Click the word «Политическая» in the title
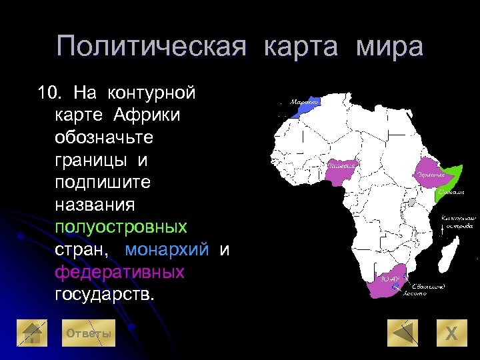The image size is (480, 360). pyautogui.click(x=151, y=47)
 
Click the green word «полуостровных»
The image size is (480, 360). pyautogui.click(x=121, y=227)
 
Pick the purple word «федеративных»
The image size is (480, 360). pyautogui.click(x=119, y=272)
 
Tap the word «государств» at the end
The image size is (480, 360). pyautogui.click(x=103, y=295)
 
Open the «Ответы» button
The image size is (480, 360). pyautogui.click(x=87, y=333)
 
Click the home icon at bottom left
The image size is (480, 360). pyautogui.click(x=31, y=333)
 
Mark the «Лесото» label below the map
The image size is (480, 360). pyautogui.click(x=415, y=293)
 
